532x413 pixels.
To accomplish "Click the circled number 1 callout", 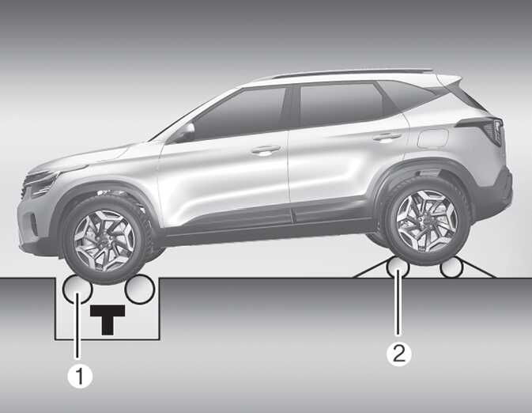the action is pyautogui.click(x=80, y=376).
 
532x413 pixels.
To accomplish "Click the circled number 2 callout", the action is pyautogui.click(x=399, y=354).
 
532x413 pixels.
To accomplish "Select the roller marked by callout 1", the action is pyautogui.click(x=77, y=289).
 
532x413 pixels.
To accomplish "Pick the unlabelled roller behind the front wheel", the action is pyautogui.click(x=139, y=289).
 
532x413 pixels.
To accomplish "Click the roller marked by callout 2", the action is pyautogui.click(x=398, y=267).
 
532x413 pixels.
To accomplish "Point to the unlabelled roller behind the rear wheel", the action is pyautogui.click(x=451, y=268).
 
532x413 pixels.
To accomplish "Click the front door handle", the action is pyautogui.click(x=266, y=149).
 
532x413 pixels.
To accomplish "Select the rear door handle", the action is pyautogui.click(x=387, y=137).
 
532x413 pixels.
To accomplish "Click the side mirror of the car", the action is pyautogui.click(x=184, y=132).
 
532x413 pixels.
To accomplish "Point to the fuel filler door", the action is pyautogui.click(x=433, y=138).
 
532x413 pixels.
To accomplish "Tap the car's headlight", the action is pyautogui.click(x=41, y=183).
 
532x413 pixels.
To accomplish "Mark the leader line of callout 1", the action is pyautogui.click(x=77, y=327).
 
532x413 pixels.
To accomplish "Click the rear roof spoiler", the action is pyautogui.click(x=449, y=79).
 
